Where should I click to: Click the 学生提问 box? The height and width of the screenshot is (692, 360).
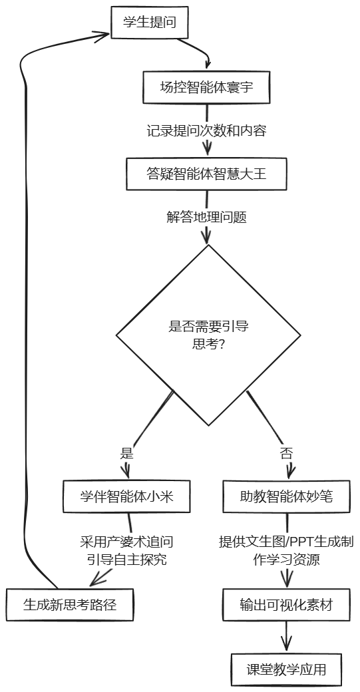150,22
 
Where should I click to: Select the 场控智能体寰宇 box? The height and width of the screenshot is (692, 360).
206,87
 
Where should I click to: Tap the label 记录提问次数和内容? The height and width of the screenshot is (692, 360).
206,130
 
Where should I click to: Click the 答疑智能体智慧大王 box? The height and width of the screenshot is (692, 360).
206,174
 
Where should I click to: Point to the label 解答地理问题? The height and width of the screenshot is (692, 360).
206,217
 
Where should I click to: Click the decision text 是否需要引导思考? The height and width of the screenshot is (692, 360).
208,335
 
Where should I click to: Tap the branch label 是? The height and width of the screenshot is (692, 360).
126,453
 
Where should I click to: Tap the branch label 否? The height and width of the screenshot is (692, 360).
287,453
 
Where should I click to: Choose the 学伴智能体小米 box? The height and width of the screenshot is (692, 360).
127,496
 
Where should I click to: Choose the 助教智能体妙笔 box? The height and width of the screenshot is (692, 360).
287,496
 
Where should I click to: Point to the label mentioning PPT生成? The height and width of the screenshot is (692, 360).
287,550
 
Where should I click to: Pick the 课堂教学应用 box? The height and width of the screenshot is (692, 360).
286,669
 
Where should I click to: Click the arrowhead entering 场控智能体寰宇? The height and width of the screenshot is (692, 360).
208,64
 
